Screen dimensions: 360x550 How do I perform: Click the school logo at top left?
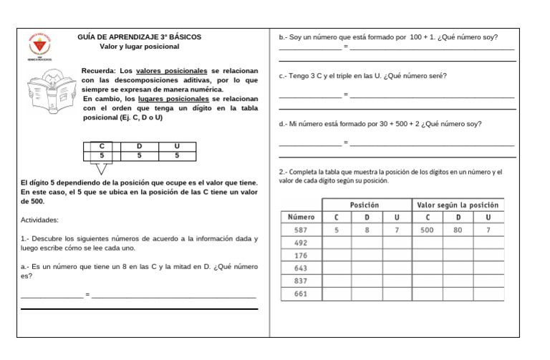tap(39, 47)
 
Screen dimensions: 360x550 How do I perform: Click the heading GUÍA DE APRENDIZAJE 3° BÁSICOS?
tap(140, 37)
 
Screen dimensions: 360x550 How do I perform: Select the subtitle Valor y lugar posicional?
tap(140, 47)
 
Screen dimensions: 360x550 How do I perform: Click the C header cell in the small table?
tap(102, 146)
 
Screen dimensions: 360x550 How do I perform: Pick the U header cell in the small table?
tap(177, 146)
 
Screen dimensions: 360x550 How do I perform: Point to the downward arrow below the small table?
tap(102, 169)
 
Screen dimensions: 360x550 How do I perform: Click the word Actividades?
tap(40, 220)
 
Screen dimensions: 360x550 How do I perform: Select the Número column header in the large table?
tap(301, 217)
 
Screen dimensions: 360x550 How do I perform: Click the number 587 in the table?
tap(301, 230)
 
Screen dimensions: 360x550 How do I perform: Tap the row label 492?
tap(301, 243)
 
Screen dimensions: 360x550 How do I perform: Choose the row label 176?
tap(301, 256)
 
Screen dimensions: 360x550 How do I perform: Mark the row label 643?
tap(301, 268)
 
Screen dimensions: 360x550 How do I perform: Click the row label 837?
tap(301, 281)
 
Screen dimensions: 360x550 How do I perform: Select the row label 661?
tap(301, 293)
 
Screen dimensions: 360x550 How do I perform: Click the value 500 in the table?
tap(427, 230)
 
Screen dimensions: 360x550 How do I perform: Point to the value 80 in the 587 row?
tap(458, 230)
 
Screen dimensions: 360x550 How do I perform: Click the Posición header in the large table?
tap(365, 205)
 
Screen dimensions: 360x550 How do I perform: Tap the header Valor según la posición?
tap(457, 205)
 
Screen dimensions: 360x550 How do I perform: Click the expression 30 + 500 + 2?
tap(393, 124)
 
